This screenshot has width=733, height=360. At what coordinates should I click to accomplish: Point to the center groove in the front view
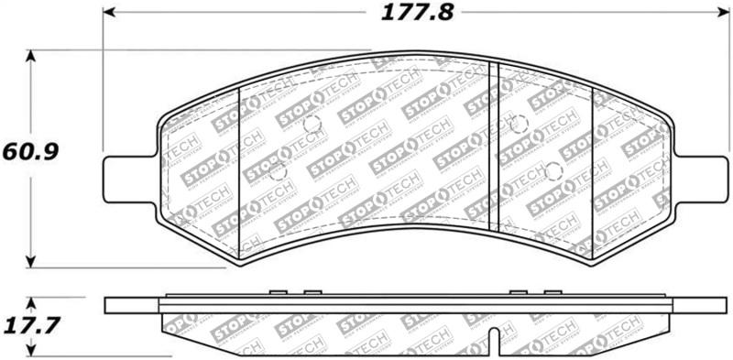coord(493,147)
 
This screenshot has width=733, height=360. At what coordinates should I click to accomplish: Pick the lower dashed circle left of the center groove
coord(279,171)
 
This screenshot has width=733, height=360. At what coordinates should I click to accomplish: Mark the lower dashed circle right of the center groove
coord(552,171)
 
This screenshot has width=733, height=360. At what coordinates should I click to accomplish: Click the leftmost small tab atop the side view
coord(277,293)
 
